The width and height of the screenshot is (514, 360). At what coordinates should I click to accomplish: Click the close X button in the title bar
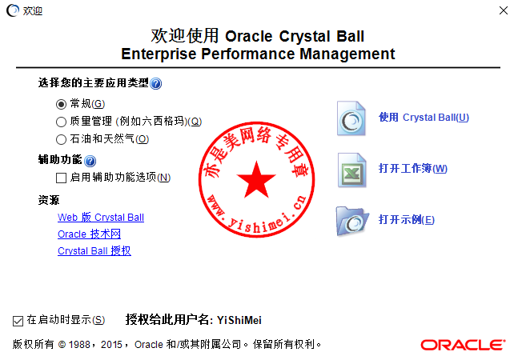504,10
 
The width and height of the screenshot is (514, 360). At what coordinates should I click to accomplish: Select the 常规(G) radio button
61,105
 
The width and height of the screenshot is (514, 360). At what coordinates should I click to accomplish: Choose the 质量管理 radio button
61,122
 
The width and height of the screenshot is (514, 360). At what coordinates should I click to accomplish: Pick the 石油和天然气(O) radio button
61,139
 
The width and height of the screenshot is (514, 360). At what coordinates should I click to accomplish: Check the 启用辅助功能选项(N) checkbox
61,178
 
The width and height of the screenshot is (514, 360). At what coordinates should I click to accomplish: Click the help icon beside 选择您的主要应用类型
155,83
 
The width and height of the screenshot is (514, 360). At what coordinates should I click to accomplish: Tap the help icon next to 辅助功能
90,161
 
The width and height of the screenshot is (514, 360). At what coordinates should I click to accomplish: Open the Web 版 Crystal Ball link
101,217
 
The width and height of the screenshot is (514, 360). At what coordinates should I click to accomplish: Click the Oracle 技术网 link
89,234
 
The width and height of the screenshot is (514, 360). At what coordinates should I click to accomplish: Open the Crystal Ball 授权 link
94,251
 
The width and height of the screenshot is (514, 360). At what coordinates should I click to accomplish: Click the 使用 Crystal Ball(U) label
424,118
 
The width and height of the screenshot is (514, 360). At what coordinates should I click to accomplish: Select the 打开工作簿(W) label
413,168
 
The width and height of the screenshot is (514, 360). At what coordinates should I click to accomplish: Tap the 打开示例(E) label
407,219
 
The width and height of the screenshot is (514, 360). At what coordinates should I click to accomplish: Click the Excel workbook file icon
351,170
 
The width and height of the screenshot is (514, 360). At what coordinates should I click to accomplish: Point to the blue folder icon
352,221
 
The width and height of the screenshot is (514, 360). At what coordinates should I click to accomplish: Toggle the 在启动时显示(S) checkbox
18,321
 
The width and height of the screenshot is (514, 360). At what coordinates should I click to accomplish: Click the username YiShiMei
239,320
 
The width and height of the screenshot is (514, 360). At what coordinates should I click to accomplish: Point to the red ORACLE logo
463,345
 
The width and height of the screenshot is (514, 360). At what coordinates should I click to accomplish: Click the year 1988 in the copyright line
79,345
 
